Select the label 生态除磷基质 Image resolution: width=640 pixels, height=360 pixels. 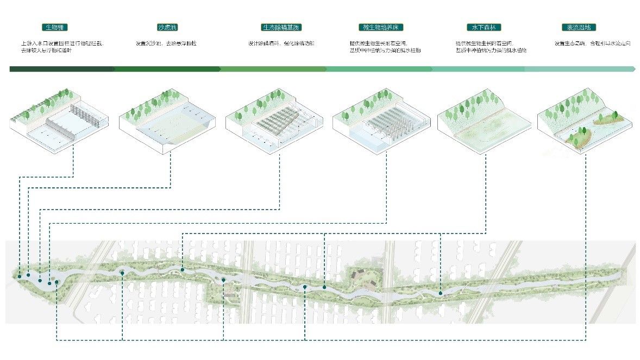pos(281,27)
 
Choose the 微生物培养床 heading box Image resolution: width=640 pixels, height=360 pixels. pos(381,27)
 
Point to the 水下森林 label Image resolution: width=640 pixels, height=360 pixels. pos(484,27)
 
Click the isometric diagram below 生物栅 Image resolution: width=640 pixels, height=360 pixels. pos(59,120)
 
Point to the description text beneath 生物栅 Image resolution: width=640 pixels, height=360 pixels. pos(61,47)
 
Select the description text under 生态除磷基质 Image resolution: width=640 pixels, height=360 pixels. pos(281,43)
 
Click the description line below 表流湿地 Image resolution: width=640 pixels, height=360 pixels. pos(592,43)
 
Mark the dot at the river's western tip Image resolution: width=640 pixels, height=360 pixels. pos(20,276)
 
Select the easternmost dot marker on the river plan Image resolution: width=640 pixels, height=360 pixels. pos(440,293)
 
